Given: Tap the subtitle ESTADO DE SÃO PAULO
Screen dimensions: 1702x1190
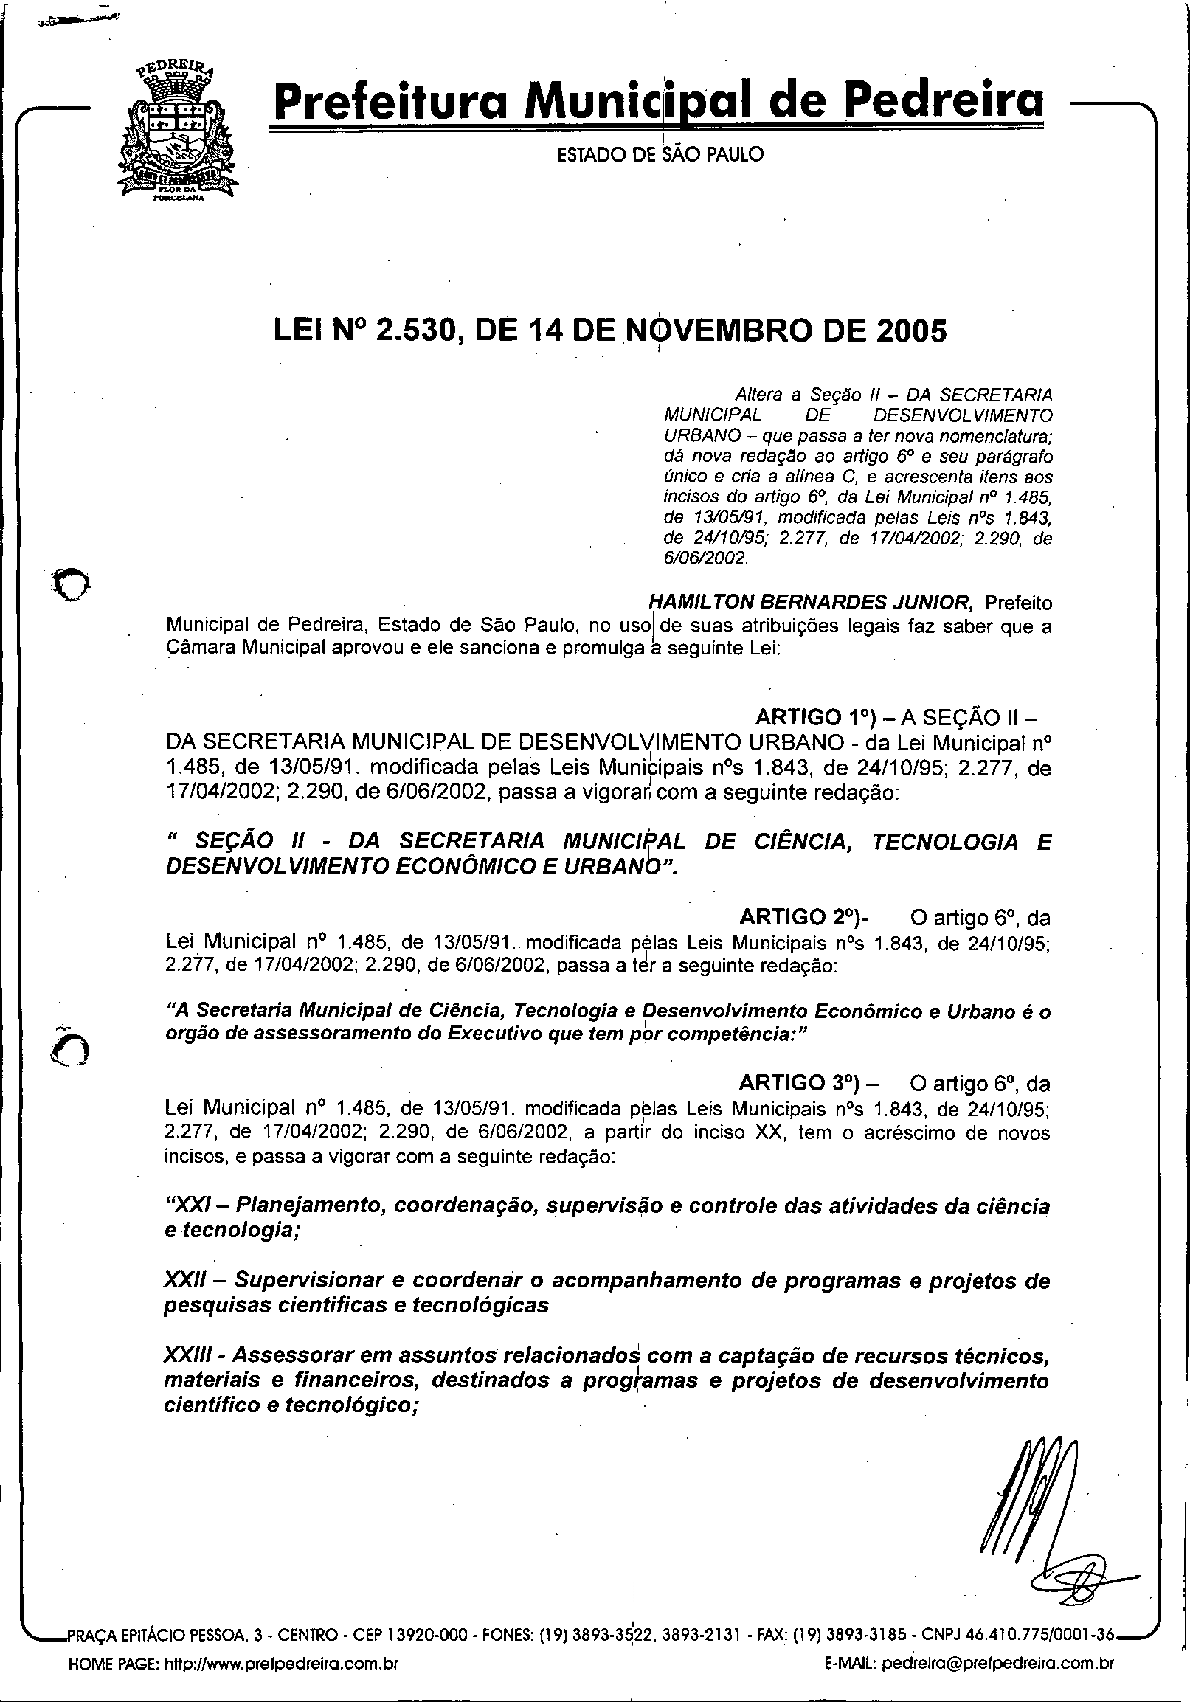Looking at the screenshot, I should click(x=660, y=155).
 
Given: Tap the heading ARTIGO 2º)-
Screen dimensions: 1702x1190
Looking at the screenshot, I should click(x=804, y=918).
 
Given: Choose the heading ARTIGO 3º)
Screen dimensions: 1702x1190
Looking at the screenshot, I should click(x=804, y=1084).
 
